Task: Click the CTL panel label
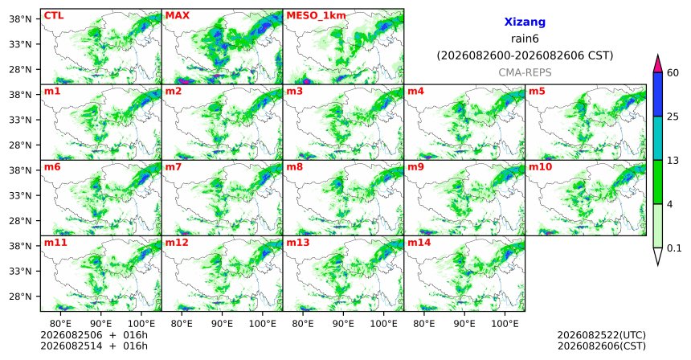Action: pos(54,16)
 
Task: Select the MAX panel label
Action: pos(177,16)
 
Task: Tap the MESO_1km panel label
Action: pos(316,16)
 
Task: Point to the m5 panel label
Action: pos(537,92)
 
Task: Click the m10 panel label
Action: pos(540,167)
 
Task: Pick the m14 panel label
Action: pos(419,243)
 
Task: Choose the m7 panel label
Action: pos(174,167)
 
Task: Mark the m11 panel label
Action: pos(55,243)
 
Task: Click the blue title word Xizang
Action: pos(525,22)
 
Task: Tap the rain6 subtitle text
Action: pos(525,39)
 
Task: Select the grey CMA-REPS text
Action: pos(525,72)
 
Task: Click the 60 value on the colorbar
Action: pos(673,72)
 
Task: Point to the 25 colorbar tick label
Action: pos(673,117)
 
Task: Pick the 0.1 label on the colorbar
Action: pos(674,248)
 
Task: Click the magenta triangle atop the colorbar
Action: pos(657,64)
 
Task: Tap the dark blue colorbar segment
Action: pos(657,94)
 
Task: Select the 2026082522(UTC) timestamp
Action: pos(602,336)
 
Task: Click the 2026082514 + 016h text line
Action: pos(94,346)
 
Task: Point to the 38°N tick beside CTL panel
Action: pos(20,19)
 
